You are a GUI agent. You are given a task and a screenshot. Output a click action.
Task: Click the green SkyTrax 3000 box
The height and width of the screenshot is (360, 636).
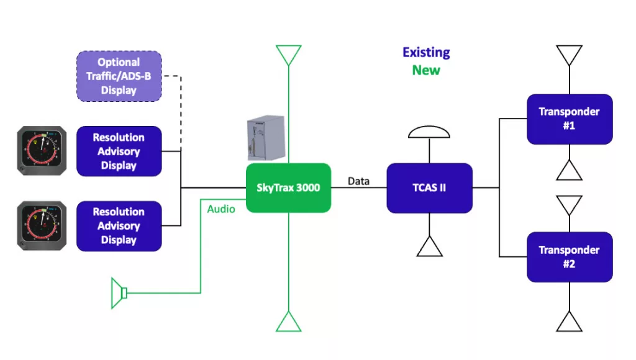click(x=288, y=187)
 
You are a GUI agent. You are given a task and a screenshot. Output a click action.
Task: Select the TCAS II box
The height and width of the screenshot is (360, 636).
click(x=429, y=187)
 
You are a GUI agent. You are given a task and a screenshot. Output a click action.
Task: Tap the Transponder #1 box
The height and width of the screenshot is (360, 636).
click(x=570, y=119)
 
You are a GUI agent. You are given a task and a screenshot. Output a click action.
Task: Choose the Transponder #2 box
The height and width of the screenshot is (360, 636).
click(x=570, y=256)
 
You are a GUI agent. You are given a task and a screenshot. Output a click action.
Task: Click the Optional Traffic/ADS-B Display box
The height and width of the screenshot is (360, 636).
click(x=119, y=76)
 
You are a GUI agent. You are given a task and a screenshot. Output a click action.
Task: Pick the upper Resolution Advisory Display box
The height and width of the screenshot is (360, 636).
click(x=119, y=151)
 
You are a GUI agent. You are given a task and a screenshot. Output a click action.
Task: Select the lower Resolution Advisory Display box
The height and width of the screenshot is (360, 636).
click(x=119, y=226)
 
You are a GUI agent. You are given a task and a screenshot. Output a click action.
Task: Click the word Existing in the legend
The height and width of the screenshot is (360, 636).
click(x=426, y=53)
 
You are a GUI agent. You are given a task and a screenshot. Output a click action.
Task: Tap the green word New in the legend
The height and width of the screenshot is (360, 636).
click(x=426, y=70)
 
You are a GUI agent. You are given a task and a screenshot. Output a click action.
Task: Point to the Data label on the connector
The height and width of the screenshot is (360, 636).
click(x=358, y=181)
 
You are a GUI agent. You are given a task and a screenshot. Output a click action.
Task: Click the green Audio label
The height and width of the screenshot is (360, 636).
click(x=221, y=209)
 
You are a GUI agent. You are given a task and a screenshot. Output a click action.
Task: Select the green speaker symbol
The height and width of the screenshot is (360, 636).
click(x=119, y=293)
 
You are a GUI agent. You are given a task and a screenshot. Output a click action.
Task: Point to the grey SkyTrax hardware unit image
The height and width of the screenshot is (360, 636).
click(x=265, y=138)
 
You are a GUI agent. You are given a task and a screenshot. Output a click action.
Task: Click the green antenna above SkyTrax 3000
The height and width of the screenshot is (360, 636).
click(x=289, y=55)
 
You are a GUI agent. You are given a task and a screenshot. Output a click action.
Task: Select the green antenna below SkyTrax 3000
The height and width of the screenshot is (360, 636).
click(x=289, y=322)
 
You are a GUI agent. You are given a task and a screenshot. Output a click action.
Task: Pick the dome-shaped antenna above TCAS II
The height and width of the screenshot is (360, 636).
click(x=429, y=132)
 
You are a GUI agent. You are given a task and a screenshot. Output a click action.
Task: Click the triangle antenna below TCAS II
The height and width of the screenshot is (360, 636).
click(x=429, y=247)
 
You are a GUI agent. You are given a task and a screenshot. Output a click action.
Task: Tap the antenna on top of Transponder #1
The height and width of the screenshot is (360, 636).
click(x=570, y=55)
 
